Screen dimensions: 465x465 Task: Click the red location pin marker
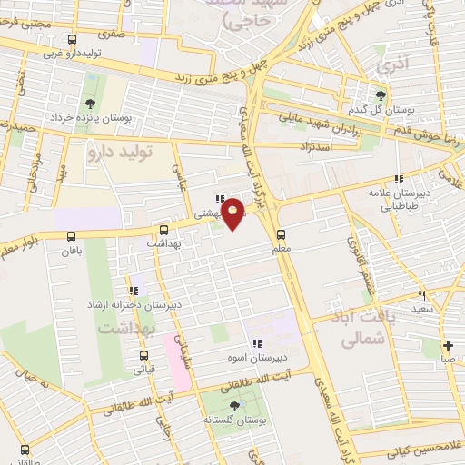(233, 214)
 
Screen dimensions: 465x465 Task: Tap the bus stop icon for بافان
(72, 236)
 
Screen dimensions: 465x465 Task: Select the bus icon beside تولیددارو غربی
(72, 39)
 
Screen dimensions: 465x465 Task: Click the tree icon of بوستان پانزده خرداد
(89, 104)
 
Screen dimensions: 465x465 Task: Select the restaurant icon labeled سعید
(421, 295)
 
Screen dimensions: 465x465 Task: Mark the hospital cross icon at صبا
(448, 345)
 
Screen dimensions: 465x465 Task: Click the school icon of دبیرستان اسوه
(257, 343)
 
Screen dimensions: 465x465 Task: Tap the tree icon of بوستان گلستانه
(235, 405)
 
